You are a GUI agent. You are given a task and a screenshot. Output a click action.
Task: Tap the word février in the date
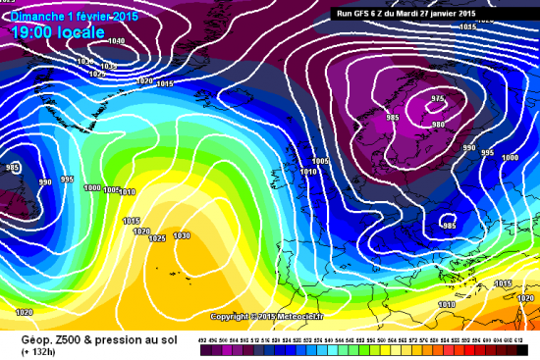click(94, 18)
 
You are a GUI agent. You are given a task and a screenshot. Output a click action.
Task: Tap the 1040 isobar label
click(117, 41)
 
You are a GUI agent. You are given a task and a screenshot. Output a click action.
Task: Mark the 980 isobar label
click(439, 124)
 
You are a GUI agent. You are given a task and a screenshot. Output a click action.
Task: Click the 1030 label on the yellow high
click(181, 235)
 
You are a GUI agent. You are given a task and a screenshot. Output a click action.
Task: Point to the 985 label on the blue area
click(449, 226)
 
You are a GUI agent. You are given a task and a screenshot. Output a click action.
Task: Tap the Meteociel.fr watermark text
click(297, 317)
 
